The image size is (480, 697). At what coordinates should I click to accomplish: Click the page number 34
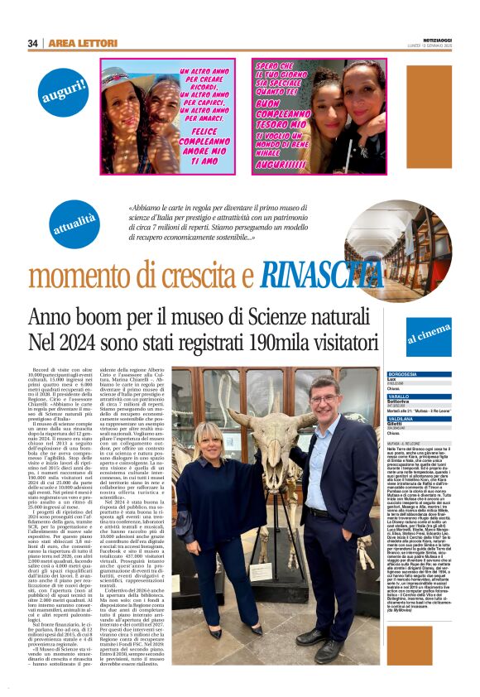[33, 43]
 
